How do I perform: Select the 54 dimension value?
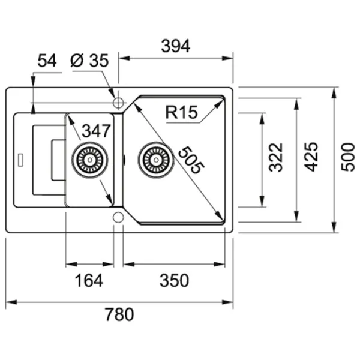47,60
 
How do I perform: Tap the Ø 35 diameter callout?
89,60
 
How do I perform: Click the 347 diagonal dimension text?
96,131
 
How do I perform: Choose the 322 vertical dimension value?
275,157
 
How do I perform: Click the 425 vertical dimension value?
310,157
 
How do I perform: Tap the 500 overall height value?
347,157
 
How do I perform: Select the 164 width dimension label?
90,280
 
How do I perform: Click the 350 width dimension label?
175,280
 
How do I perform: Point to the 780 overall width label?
119,314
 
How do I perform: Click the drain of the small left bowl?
91,159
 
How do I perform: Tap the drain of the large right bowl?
156,160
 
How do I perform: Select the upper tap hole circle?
118,103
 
